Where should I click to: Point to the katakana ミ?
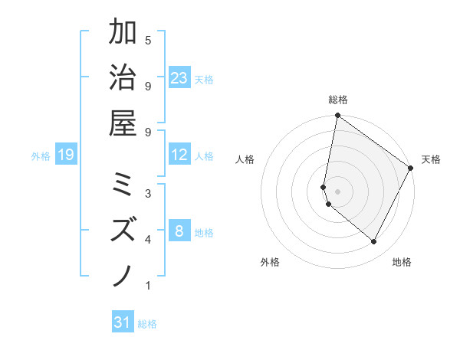point(123,184)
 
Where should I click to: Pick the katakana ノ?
point(123,274)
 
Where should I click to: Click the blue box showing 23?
point(179,77)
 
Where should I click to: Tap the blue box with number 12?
point(179,155)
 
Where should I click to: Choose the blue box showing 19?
point(66,155)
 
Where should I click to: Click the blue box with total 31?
point(123,322)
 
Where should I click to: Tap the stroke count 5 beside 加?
point(148,40)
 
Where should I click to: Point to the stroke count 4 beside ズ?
point(148,241)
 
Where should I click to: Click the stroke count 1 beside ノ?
point(148,286)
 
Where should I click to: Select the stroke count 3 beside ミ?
point(148,192)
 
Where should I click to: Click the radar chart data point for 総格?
point(337,116)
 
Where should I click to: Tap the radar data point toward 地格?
point(374,242)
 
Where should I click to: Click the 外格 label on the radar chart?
point(271,262)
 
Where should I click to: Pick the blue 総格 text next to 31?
point(147,324)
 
